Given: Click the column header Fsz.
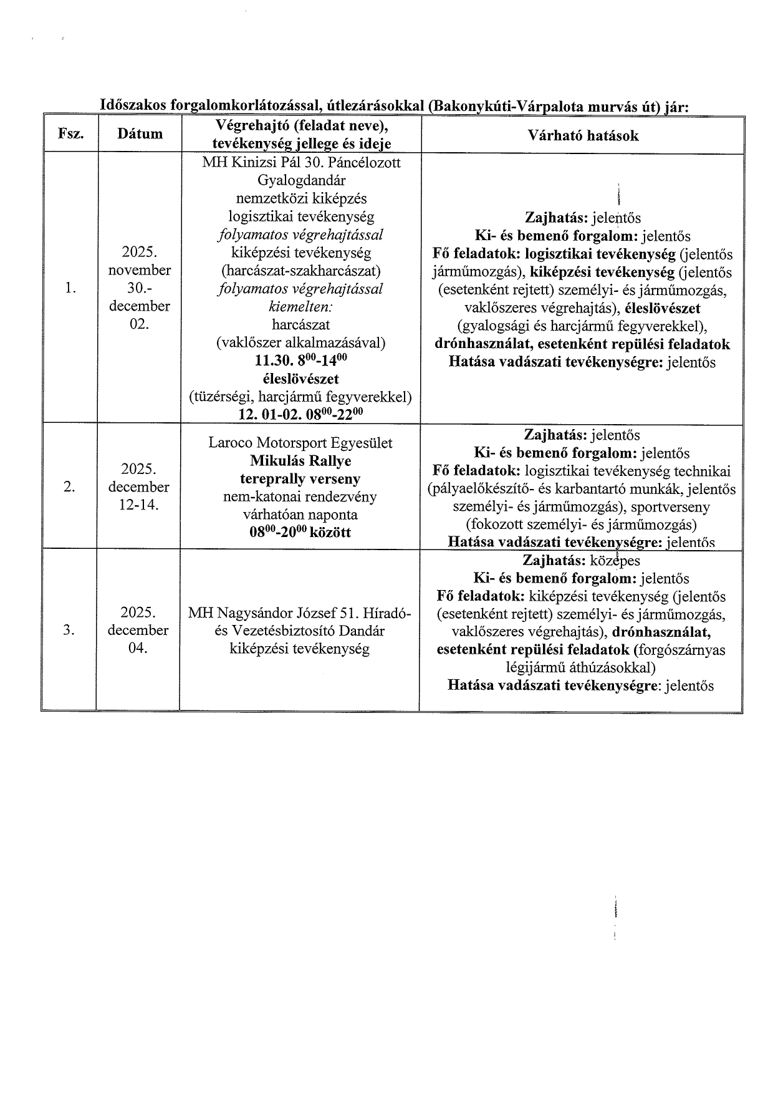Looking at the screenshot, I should pos(70,134).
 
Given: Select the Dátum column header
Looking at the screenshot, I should pos(140,134).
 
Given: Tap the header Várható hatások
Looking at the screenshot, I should pos(583,136).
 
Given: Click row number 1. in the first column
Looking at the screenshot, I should pos(70,288).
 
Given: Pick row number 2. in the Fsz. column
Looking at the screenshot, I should pos(70,487).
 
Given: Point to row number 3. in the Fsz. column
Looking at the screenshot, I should pos(70,630).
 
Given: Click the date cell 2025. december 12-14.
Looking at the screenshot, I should pos(138,487).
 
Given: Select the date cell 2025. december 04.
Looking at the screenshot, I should pos(138,630).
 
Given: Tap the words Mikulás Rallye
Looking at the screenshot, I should pos(300,461).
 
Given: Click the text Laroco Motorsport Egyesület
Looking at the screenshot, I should pos(300,443).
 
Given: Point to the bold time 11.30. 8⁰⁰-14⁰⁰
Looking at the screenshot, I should pos(300,361).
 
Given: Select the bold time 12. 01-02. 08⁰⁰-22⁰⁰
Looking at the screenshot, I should pos(300,415).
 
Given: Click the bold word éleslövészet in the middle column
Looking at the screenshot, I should pos(300,379).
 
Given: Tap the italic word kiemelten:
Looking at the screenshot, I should pos(300,306).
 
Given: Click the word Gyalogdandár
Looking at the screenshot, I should pos(300,180).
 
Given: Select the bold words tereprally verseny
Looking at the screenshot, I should pos(300,479).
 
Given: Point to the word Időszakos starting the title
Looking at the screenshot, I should pos(130,106).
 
